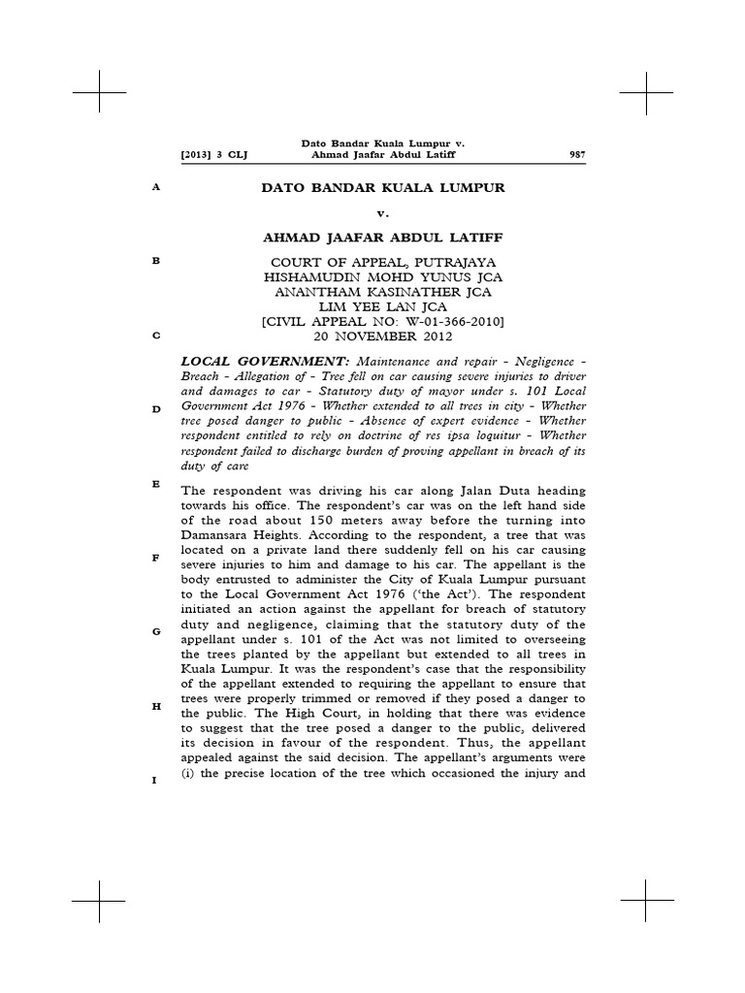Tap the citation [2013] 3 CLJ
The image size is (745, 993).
[209, 155]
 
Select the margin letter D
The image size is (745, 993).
[154, 409]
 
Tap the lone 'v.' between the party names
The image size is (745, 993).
[383, 213]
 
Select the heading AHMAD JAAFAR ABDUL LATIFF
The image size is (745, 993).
[383, 240]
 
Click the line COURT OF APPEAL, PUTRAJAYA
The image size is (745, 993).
[383, 263]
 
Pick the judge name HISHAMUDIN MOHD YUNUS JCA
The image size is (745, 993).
[383, 278]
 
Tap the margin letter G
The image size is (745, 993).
[154, 632]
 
